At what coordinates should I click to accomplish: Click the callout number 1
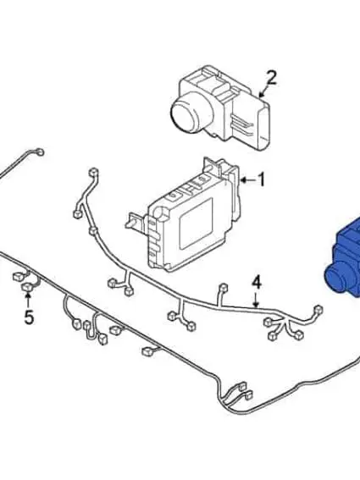coord(262,179)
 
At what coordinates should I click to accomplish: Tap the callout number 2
coord(270,79)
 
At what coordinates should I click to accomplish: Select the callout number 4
coord(257,282)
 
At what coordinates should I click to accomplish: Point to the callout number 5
coord(29,317)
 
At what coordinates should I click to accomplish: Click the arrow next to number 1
coord(246,179)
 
